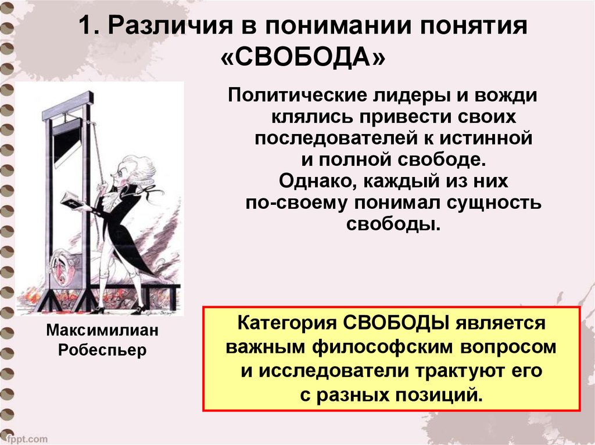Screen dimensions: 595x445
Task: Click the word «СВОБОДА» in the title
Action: pyautogui.click(x=303, y=57)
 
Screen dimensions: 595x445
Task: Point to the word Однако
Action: pyautogui.click(x=318, y=181)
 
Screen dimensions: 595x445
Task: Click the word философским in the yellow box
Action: pyautogui.click(x=382, y=347)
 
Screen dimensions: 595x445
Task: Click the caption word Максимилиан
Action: pyautogui.click(x=102, y=330)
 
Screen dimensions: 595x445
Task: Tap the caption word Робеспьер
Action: pyautogui.click(x=102, y=349)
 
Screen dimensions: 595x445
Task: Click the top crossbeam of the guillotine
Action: pyautogui.click(x=67, y=106)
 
